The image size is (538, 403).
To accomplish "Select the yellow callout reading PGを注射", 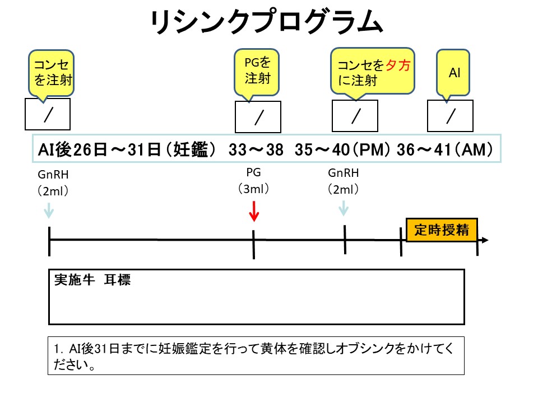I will tap(257, 69).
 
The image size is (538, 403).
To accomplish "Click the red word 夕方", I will tap(398, 66).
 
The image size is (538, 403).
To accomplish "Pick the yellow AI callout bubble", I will tap(453, 73).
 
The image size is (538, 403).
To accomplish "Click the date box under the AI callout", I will tap(450, 115).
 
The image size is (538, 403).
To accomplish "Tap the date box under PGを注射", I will tap(258, 117).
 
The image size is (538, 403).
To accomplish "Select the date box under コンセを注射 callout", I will tap(48, 114).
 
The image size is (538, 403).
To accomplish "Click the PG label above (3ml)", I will tap(254, 172).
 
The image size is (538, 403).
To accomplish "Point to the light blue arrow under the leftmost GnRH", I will tap(49, 209).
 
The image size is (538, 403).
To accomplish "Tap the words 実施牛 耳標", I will tap(92, 280).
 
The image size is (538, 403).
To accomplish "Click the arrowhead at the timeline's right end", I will tap(485, 241).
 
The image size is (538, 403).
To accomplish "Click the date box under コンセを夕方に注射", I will tap(355, 116).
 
